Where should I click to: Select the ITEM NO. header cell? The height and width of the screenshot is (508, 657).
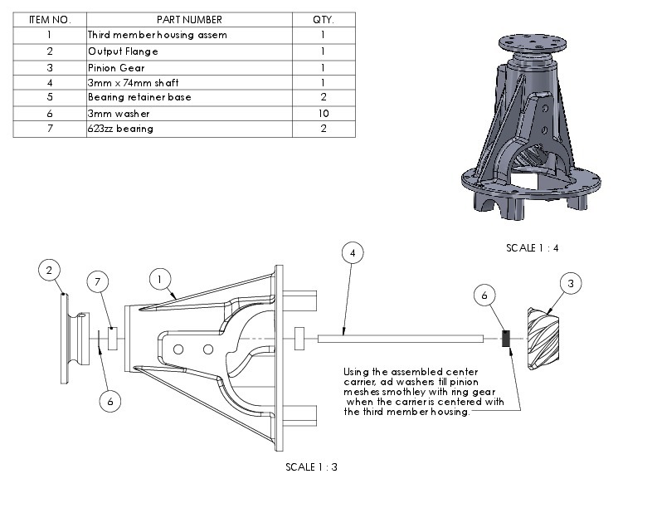pos(49,19)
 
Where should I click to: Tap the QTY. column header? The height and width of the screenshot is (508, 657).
pos(323,19)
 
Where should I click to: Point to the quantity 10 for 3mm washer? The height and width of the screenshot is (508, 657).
pos(323,113)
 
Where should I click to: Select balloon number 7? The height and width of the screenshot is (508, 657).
pos(99,283)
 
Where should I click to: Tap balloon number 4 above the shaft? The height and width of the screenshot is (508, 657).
pos(353,252)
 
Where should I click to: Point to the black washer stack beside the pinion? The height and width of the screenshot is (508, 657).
pos(504,339)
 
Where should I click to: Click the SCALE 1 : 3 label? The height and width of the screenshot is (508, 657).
pos(311,466)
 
